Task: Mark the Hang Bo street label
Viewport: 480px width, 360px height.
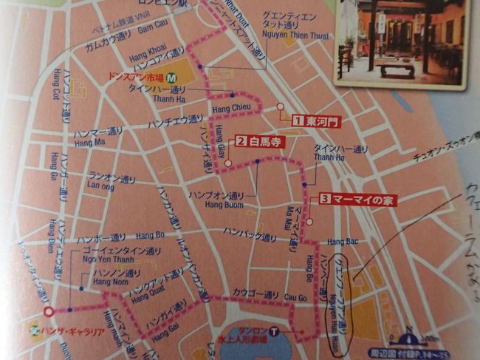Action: pos(150,236)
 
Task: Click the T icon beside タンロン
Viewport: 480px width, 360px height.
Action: pos(274,332)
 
